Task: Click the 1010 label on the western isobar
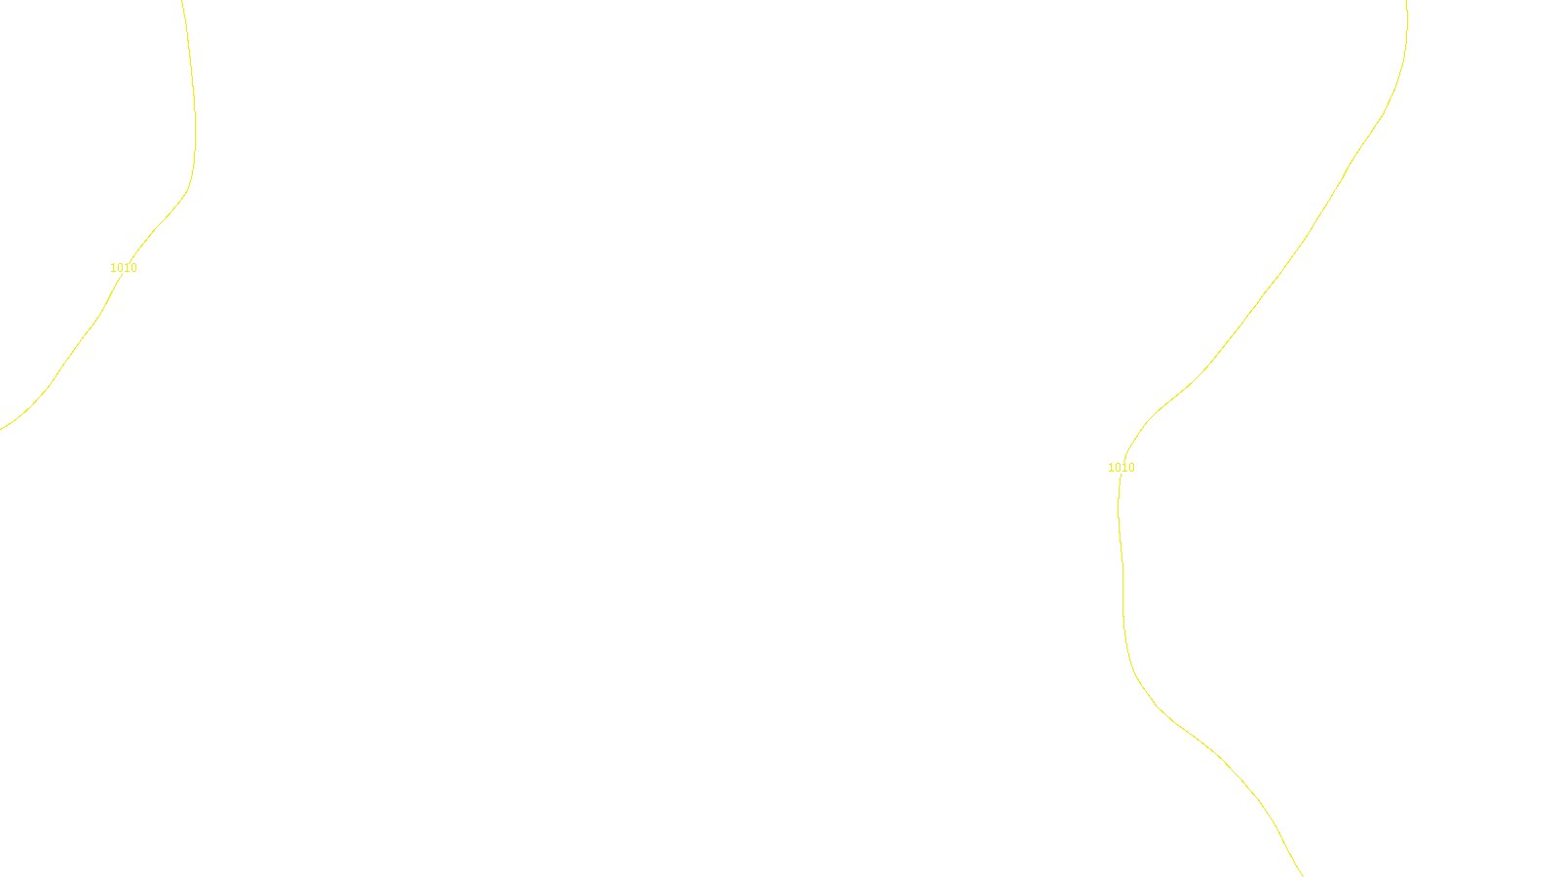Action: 124,268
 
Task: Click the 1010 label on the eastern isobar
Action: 1122,468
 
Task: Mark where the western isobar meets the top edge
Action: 182,1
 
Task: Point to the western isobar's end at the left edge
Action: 1,429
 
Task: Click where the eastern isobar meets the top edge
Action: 1407,1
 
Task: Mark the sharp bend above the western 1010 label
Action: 187,188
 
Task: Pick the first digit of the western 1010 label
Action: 113,268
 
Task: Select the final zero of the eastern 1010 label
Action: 1131,468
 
